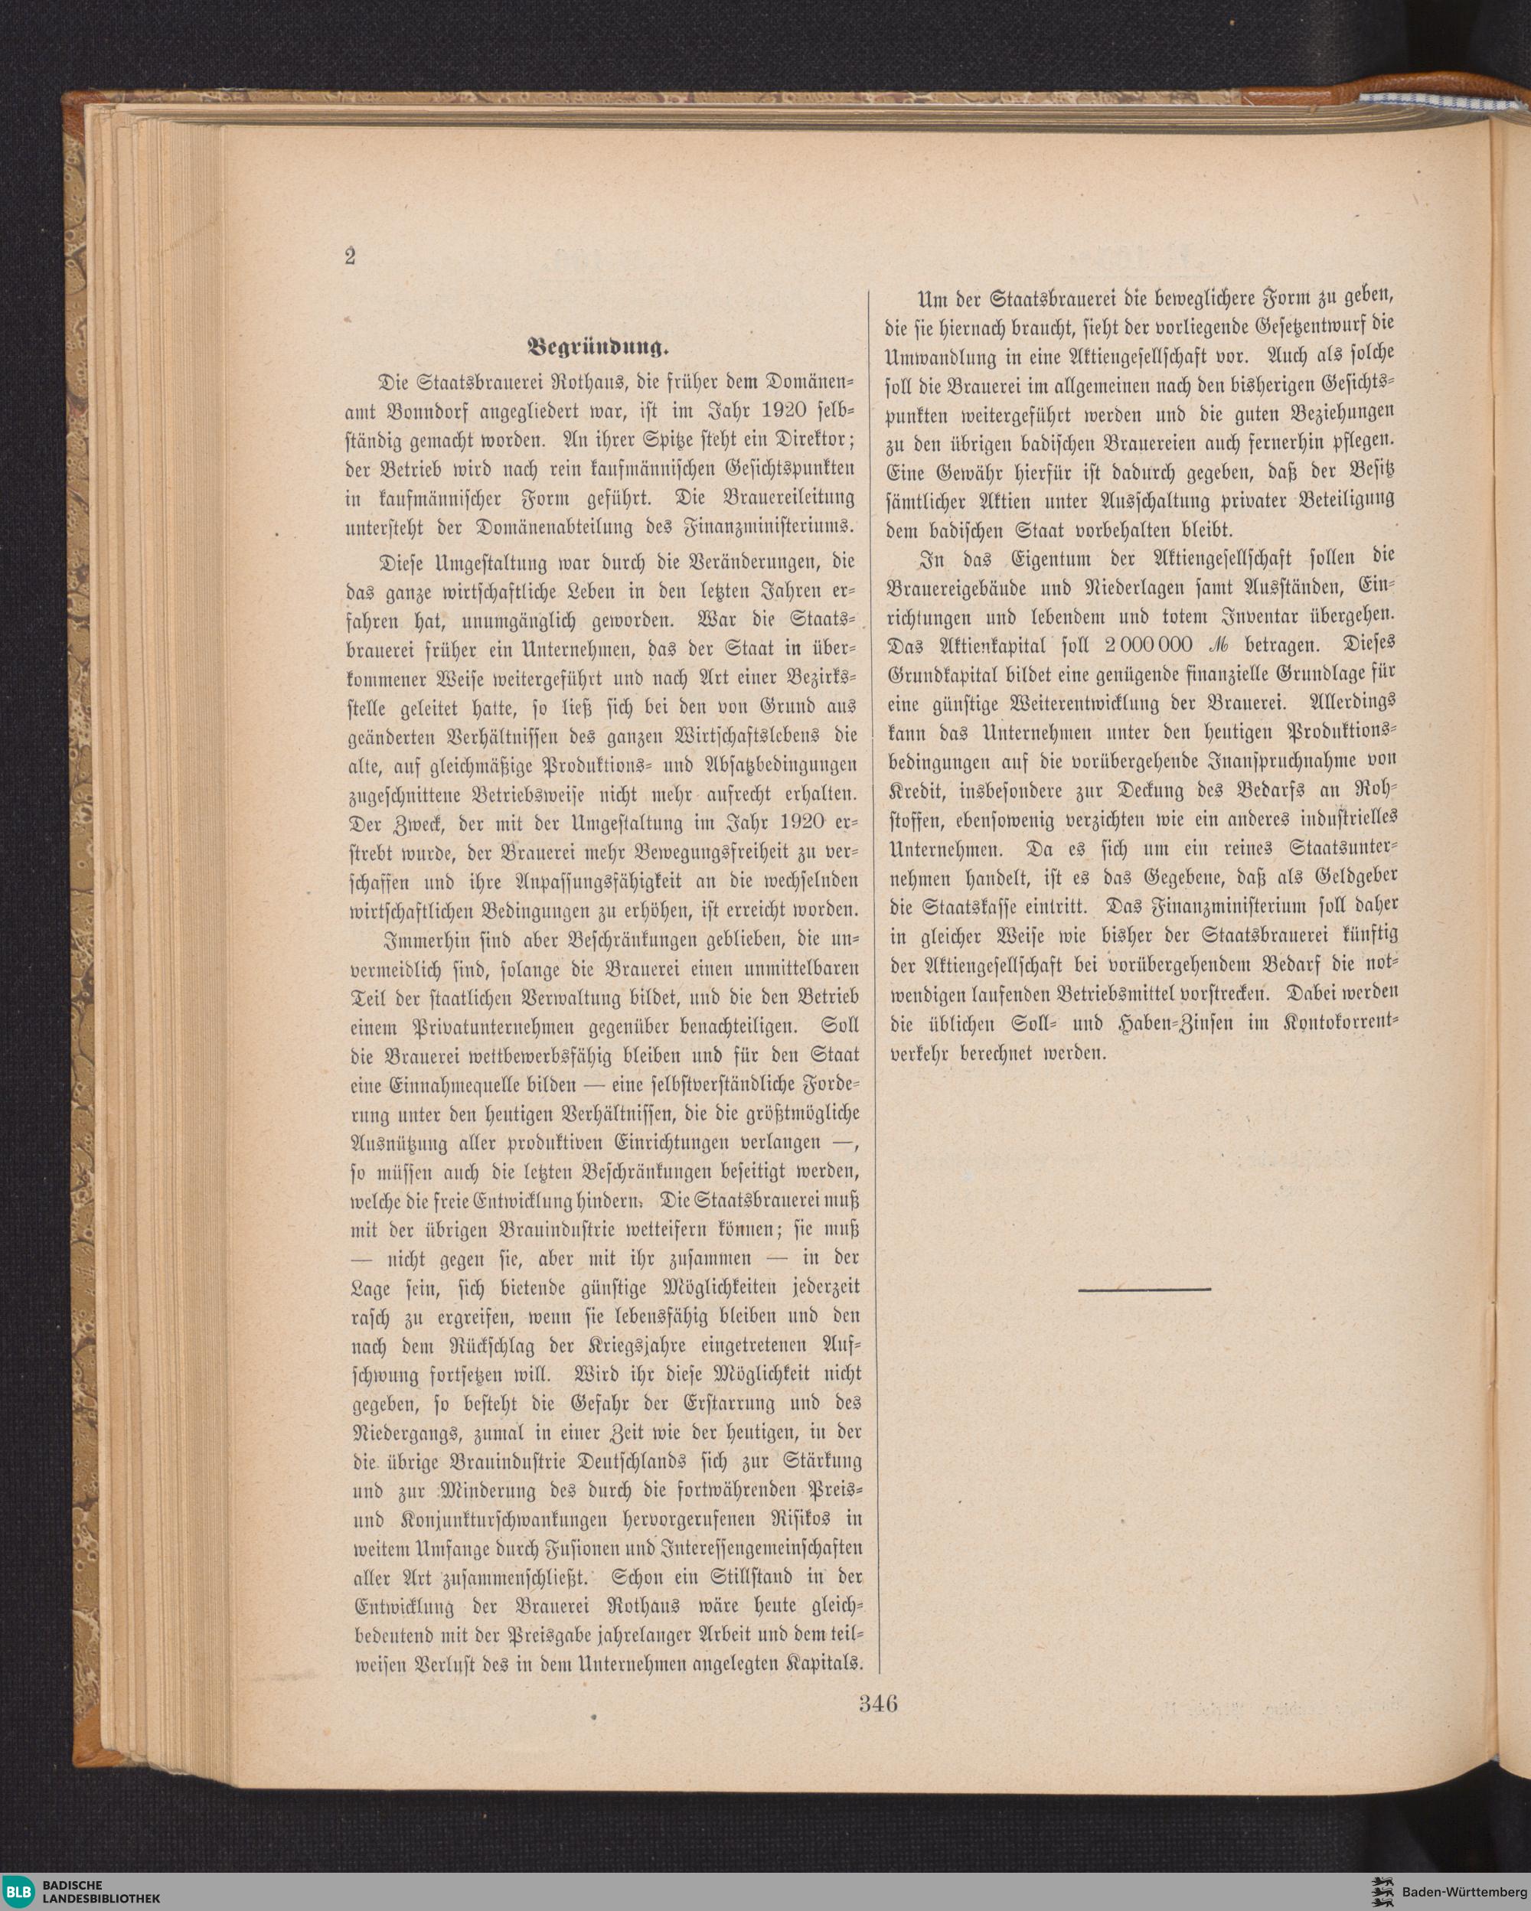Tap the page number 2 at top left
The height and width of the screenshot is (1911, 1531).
350,257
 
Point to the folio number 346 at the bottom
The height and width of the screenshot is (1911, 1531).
877,1703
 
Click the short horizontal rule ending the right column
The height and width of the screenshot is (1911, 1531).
1144,1289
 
